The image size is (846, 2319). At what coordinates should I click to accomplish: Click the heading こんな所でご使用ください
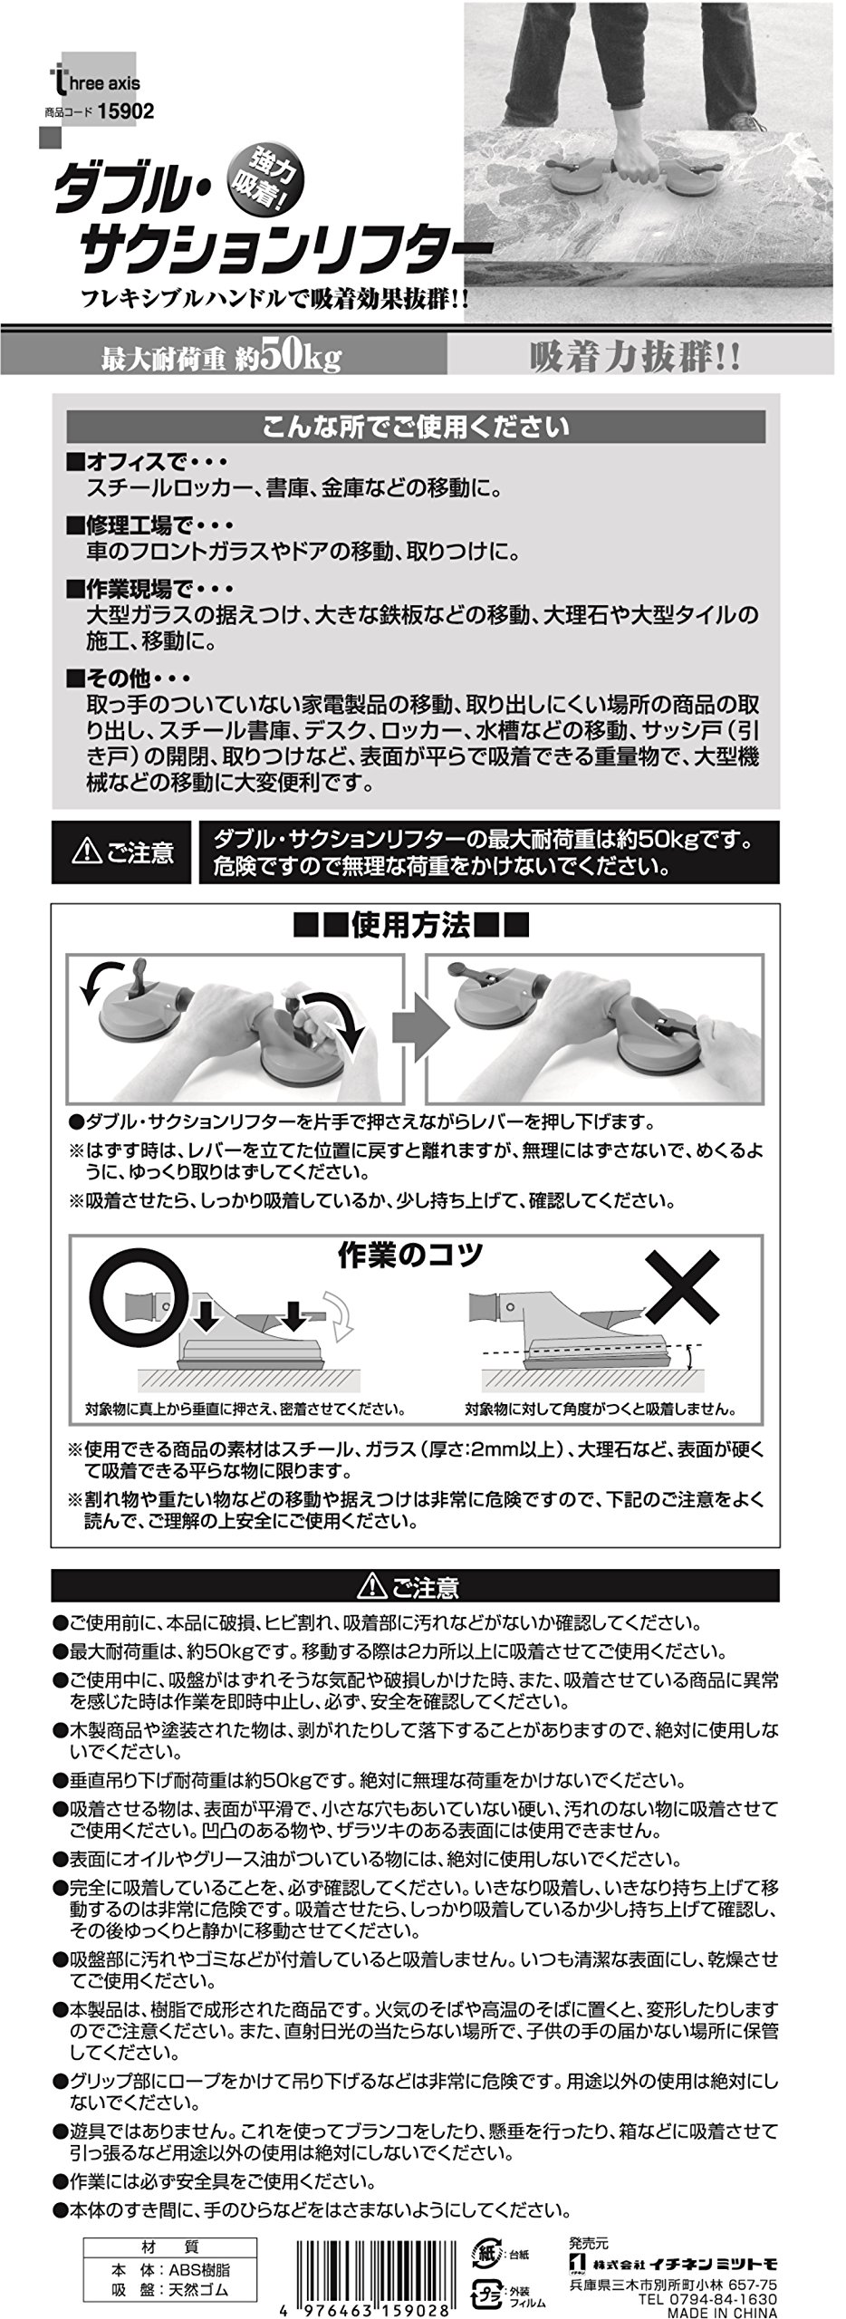point(416,426)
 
